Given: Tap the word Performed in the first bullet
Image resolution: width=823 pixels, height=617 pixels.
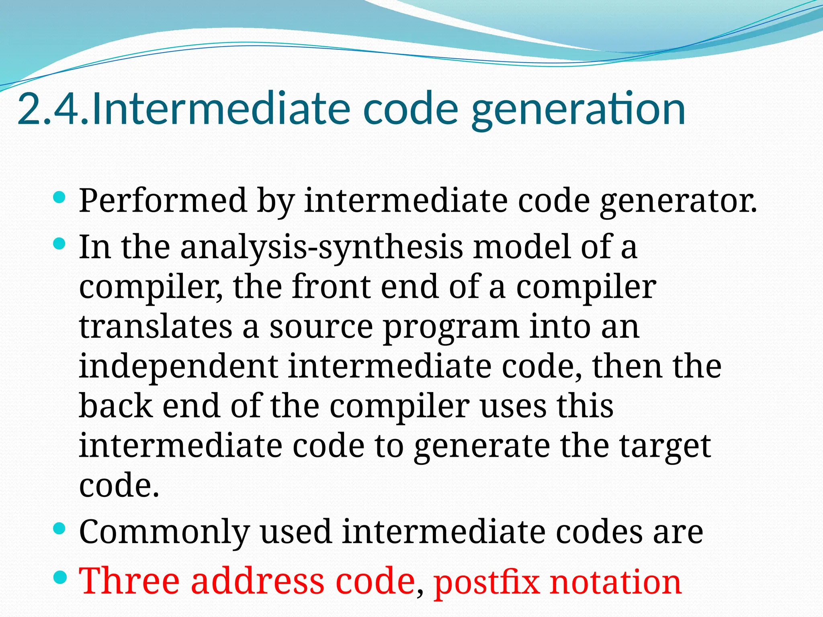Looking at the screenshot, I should point(162,200).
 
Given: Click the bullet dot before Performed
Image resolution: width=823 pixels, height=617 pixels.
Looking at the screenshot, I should point(59,197).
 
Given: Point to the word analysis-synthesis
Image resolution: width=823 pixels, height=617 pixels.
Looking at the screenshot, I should point(321,247).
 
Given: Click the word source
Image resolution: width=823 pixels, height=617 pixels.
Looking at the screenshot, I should point(321,327).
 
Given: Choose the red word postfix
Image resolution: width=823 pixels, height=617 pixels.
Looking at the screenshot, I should point(486,582).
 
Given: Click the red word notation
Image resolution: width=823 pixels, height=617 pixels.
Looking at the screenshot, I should point(615,582).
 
